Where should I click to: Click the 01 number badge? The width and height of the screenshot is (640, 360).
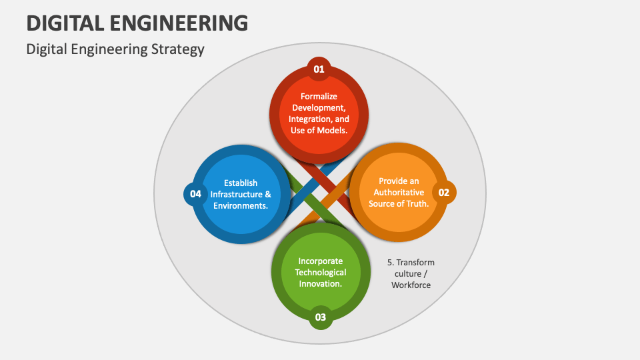click(319, 69)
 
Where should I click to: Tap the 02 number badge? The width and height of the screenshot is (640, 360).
click(444, 193)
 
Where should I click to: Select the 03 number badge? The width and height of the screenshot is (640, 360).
click(321, 317)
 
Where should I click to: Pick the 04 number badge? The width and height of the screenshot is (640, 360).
click(195, 194)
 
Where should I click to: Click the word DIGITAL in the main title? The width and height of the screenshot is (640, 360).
click(63, 23)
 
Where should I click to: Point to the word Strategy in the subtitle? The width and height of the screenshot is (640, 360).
click(179, 49)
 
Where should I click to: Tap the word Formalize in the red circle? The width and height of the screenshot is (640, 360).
click(319, 96)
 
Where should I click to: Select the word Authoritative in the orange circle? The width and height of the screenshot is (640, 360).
click(399, 192)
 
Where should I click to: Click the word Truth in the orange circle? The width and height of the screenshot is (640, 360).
click(415, 203)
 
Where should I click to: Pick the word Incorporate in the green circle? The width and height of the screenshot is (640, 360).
click(321, 261)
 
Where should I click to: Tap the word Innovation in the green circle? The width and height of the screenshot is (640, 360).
click(321, 283)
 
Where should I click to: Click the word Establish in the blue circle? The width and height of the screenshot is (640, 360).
click(241, 183)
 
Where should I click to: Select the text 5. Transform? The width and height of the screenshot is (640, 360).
click(411, 262)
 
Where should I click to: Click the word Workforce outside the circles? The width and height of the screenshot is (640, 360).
click(411, 285)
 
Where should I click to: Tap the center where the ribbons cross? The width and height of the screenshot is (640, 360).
click(320, 193)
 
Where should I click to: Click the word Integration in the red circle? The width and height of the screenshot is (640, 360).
click(310, 119)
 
